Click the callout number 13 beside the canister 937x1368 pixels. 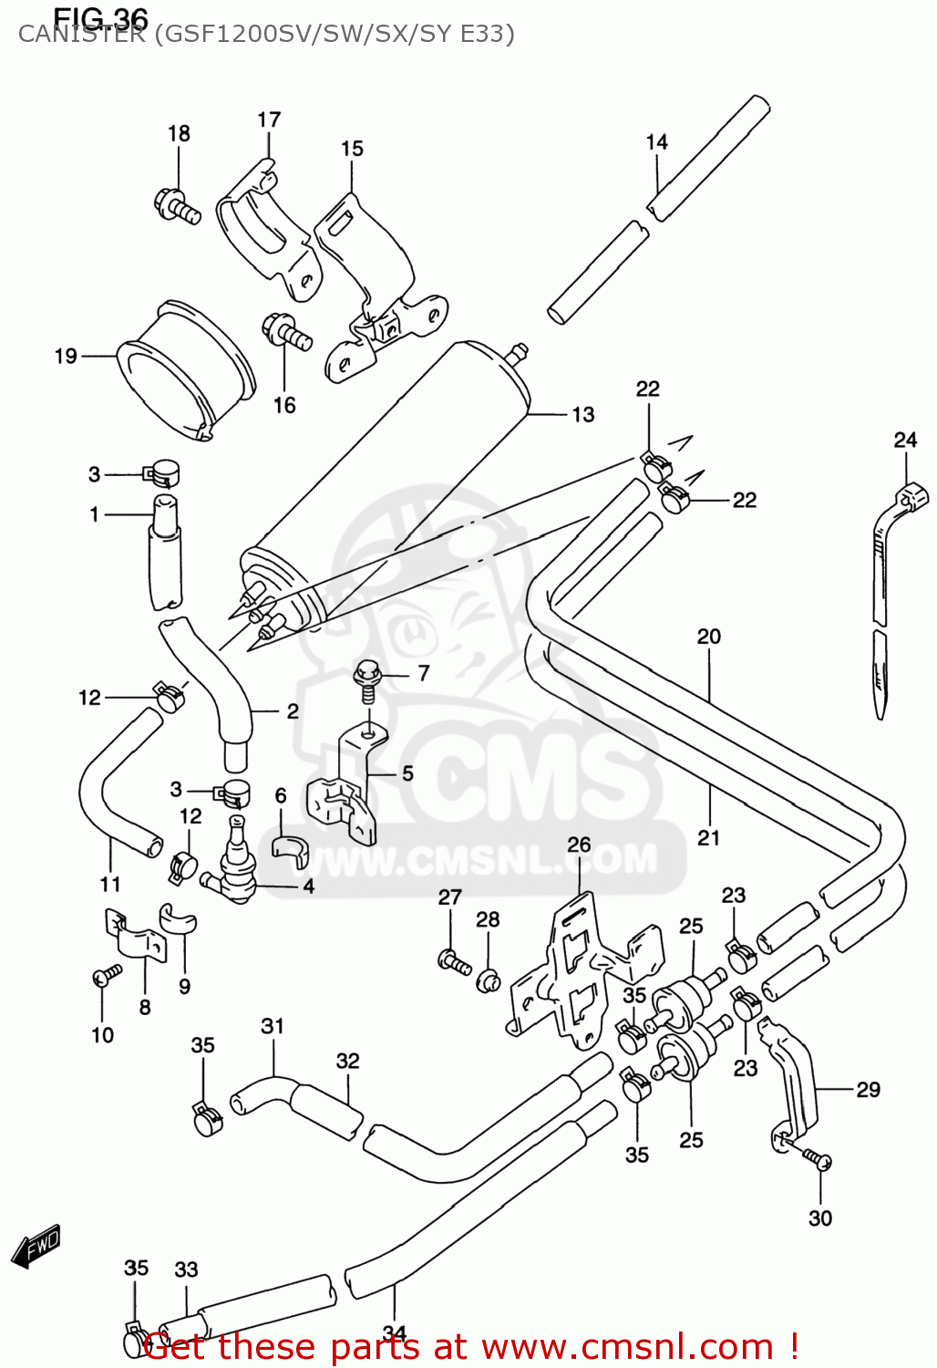[x=582, y=415]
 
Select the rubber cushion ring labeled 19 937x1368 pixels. [x=187, y=369]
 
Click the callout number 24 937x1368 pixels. [x=904, y=440]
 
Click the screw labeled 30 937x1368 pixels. [x=817, y=1159]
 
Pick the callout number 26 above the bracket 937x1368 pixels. [x=579, y=845]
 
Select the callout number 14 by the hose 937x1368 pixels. [x=656, y=142]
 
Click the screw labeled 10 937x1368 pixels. [x=107, y=976]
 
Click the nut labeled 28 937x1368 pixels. [x=488, y=980]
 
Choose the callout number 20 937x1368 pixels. [x=708, y=637]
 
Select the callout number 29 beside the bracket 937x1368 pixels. [x=868, y=1089]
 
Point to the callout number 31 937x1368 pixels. [x=273, y=1026]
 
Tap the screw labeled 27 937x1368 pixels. [x=453, y=960]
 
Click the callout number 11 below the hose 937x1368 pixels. [x=109, y=884]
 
